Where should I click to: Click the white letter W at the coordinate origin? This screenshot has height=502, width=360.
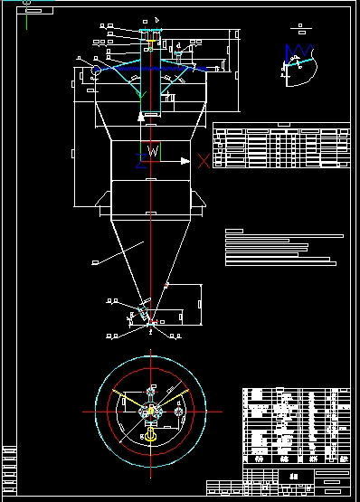point(153,154)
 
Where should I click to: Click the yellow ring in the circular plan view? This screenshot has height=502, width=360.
point(152,437)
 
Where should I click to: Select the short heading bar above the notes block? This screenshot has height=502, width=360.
point(234,231)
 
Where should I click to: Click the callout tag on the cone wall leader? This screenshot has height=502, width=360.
point(94,262)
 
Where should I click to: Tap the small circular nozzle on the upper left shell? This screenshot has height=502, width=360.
point(94,70)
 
